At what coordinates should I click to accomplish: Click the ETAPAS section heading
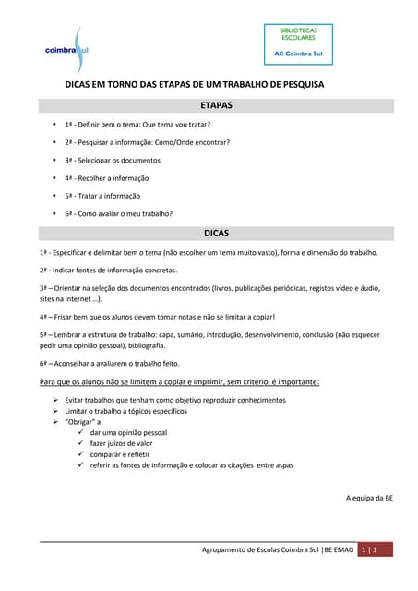pos(216,106)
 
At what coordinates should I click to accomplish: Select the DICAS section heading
pos(216,234)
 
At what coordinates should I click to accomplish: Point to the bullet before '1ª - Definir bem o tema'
pos(54,125)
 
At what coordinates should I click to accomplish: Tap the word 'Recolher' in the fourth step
pos(98,177)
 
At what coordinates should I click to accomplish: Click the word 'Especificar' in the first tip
pos(72,252)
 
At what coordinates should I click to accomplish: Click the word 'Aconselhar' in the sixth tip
pos(76,364)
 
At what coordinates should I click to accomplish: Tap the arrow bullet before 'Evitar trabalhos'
pos(55,400)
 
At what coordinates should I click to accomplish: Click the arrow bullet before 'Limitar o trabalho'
pos(55,411)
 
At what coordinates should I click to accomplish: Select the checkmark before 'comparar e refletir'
pos(81,454)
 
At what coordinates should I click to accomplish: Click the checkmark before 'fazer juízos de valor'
pos(81,443)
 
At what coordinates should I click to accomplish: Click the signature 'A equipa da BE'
pos(370,498)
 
